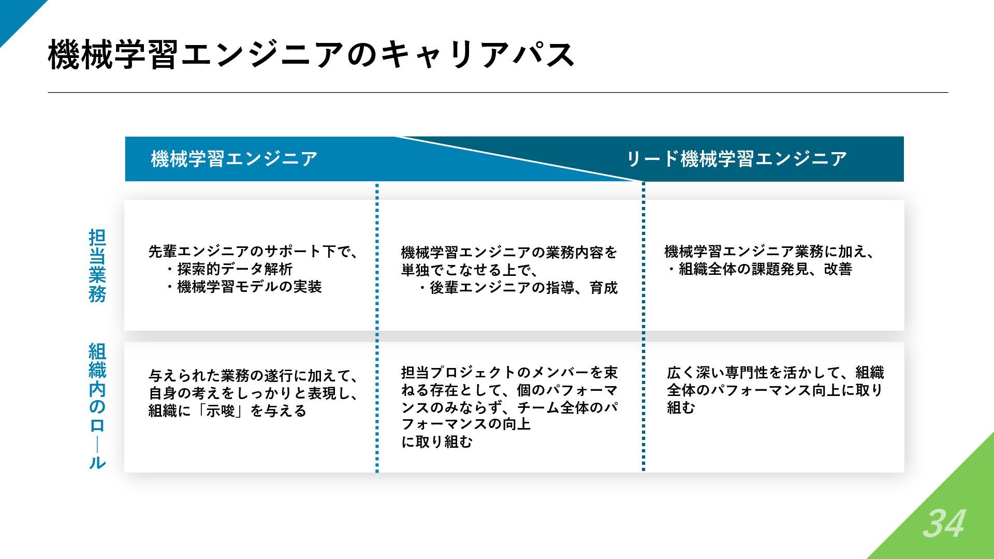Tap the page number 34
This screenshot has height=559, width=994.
[x=943, y=524]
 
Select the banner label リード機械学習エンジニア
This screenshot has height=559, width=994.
[x=736, y=159]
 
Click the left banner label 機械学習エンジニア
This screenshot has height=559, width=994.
[x=234, y=159]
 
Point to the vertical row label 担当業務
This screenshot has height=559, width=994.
[x=97, y=266]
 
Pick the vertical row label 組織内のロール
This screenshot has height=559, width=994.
[x=97, y=406]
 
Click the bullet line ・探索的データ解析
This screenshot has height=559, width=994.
[x=229, y=269]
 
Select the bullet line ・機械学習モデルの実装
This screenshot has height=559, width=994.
[x=243, y=287]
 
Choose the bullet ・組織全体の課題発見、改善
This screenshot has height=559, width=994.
[x=758, y=269]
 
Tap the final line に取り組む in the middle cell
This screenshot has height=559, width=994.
[x=437, y=442]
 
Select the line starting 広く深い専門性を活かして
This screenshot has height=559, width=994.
[x=775, y=373]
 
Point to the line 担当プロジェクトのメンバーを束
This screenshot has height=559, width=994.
[x=509, y=373]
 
